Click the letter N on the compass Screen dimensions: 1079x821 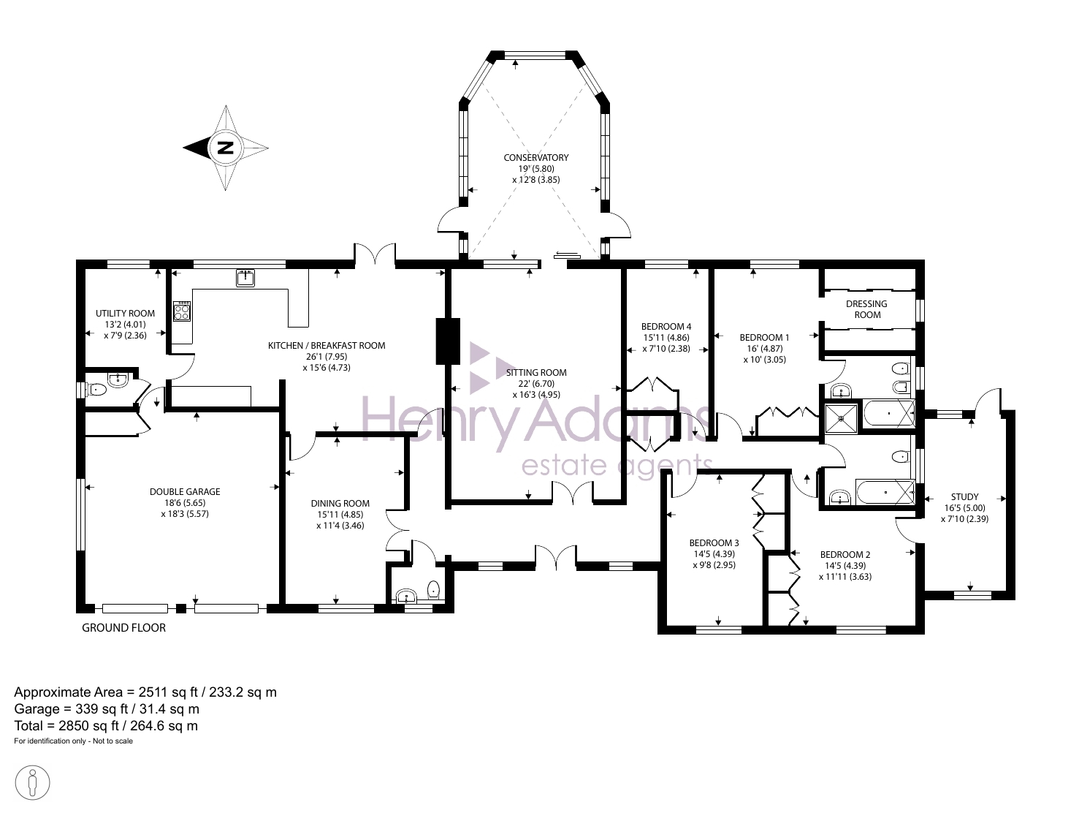226,148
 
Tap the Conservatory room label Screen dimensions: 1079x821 535,157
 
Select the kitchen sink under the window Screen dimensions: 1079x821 245,277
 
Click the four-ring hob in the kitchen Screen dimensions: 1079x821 182,311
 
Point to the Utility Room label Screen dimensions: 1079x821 125,314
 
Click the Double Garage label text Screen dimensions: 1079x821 185,491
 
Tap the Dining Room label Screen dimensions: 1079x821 340,503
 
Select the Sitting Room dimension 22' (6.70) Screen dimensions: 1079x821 536,384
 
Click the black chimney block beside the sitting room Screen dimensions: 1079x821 448,341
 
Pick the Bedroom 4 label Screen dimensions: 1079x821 666,326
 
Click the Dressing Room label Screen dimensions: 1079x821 866,309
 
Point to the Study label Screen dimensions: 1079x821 964,497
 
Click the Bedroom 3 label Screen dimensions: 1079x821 714,543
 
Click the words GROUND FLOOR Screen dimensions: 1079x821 123,628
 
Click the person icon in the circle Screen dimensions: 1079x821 32,783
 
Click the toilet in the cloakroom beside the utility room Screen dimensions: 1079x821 96,390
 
